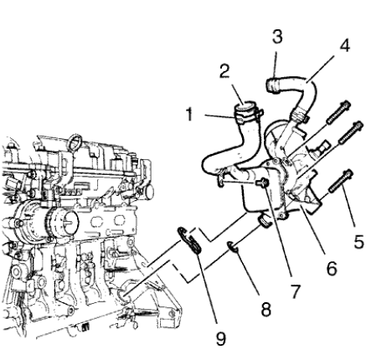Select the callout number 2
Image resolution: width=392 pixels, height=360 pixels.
tap(224, 72)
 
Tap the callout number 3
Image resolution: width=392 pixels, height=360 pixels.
tap(277, 37)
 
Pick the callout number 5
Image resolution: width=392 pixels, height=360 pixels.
tap(359, 243)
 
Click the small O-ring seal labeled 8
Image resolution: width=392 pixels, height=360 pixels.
tap(230, 246)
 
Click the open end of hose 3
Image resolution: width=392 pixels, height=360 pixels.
tap(272, 83)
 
